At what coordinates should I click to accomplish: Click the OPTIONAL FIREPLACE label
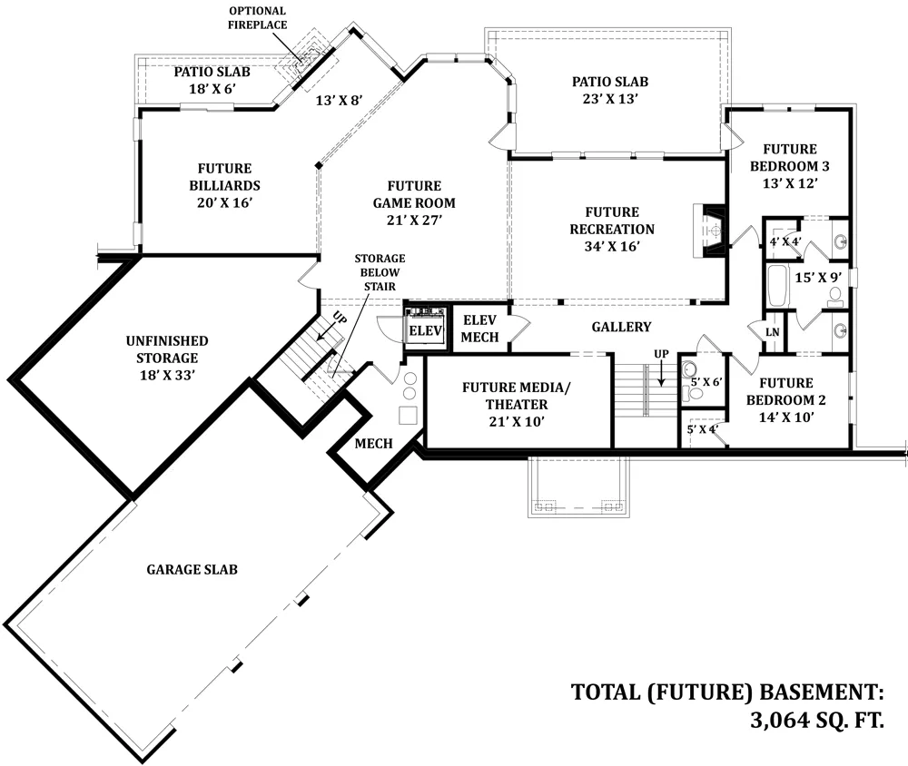[x=257, y=18]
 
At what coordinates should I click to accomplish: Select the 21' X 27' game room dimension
[x=414, y=220]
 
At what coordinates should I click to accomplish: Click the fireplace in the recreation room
[x=709, y=231]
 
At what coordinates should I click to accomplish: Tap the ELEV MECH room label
[x=479, y=329]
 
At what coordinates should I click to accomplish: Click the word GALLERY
[x=621, y=327]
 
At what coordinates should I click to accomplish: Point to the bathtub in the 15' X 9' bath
[x=776, y=286]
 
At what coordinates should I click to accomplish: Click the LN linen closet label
[x=773, y=332]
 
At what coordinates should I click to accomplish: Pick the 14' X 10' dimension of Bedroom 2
[x=786, y=417]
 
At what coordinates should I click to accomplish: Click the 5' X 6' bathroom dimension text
[x=706, y=382]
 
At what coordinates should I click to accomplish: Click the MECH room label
[x=373, y=444]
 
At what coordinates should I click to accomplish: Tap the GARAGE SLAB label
[x=192, y=570]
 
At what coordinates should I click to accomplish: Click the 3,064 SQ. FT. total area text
[x=817, y=721]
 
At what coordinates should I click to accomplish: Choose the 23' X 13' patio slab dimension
[x=610, y=98]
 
